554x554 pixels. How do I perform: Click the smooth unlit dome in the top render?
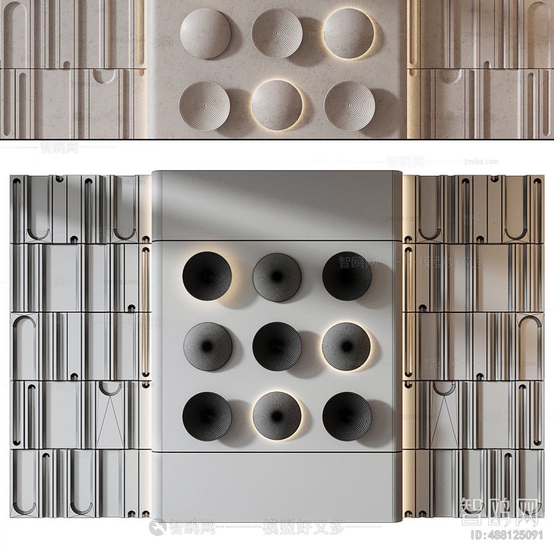tap(205, 34)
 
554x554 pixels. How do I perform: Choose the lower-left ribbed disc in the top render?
tap(204, 105)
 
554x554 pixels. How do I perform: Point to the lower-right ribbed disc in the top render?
tap(349, 106)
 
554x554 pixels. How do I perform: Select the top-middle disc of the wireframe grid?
tap(277, 277)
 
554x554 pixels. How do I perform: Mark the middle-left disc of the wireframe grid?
tap(207, 346)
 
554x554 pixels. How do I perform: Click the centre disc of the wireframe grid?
tap(277, 346)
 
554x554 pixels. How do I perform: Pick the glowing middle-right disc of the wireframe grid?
tap(346, 346)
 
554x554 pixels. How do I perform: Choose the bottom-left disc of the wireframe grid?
tap(207, 415)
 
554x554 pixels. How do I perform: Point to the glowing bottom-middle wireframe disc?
tap(277, 415)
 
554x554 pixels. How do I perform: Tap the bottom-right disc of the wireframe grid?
tap(347, 415)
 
